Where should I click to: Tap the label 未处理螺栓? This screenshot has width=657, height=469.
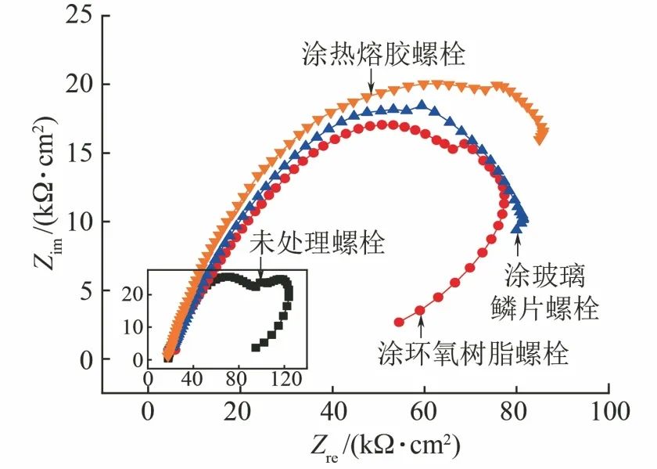[x=316, y=244]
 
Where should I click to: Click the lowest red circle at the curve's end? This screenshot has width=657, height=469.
[x=399, y=322]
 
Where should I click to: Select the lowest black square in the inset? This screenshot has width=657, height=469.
[x=255, y=346]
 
